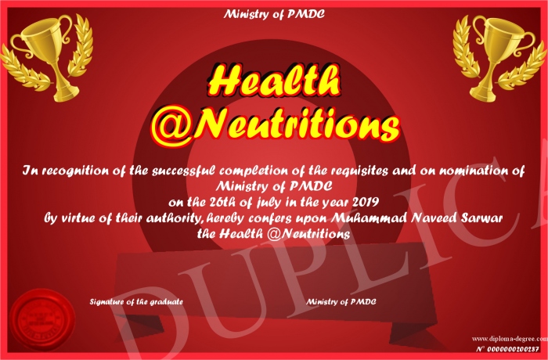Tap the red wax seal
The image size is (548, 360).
tap(42, 319)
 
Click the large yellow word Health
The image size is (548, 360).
tap(274, 81)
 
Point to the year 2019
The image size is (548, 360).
tap(366, 202)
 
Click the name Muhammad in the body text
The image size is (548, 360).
tap(369, 218)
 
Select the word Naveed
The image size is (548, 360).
tap(434, 218)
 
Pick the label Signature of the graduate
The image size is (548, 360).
tap(136, 301)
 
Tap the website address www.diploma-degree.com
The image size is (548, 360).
tap(510, 338)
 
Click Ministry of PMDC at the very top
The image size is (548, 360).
tap(274, 14)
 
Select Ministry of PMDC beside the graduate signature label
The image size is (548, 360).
tap(341, 301)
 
